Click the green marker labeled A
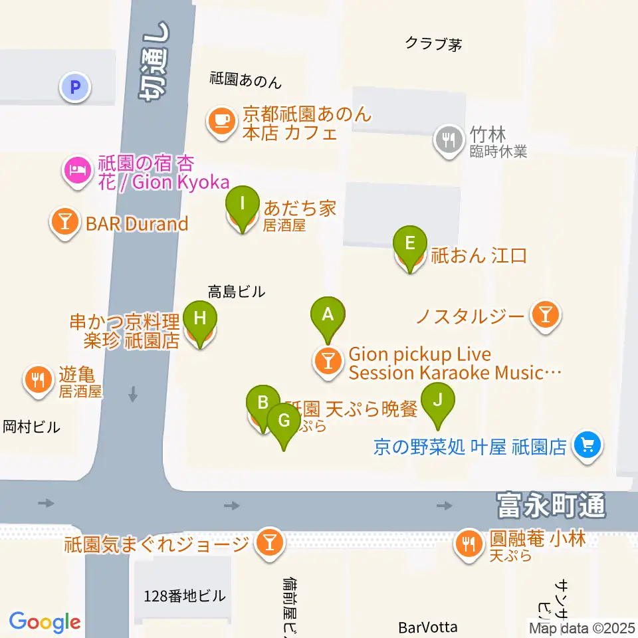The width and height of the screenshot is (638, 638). click(x=327, y=314)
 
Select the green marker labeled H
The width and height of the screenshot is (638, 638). click(x=199, y=318)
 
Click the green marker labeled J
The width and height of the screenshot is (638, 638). click(x=437, y=401)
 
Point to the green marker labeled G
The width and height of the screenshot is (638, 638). click(x=284, y=421)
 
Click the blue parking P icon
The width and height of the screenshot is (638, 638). click(x=75, y=86)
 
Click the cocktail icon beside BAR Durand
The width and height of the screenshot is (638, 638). click(x=65, y=223)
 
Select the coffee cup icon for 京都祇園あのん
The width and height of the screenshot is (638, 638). click(x=221, y=121)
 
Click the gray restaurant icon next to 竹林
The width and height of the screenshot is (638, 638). click(x=449, y=140)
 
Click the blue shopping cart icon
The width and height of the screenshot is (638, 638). click(x=587, y=445)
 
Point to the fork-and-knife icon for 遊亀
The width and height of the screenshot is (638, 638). click(x=38, y=379)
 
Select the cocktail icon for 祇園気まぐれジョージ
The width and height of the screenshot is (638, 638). click(x=269, y=544)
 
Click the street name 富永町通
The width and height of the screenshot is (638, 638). click(x=551, y=505)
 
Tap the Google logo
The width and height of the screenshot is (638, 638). click(x=45, y=622)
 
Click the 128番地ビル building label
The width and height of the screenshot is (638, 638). click(x=184, y=596)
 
